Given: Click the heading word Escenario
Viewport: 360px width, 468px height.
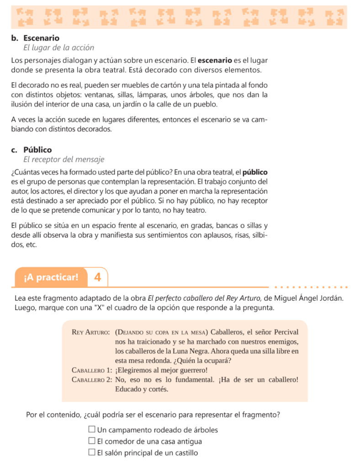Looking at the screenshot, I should pos(41,37).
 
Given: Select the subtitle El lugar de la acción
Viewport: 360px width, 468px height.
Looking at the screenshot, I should pos(58,47).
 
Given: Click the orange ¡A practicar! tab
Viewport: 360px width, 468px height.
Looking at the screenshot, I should pos(51,277).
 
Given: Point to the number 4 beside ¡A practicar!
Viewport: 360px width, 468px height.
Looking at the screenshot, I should pos(97,277).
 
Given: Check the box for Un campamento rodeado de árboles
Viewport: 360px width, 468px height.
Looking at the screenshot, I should pos(92,430).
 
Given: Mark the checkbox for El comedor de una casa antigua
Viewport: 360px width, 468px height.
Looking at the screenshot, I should pos(92,441).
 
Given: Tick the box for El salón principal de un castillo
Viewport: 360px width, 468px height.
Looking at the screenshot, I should pos(92,453).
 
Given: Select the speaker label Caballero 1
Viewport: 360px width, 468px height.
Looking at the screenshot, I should pos(91,370).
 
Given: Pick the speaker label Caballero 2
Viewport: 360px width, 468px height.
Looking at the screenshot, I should pos(92,380).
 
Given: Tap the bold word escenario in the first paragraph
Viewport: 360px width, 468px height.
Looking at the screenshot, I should pos(215,60).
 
